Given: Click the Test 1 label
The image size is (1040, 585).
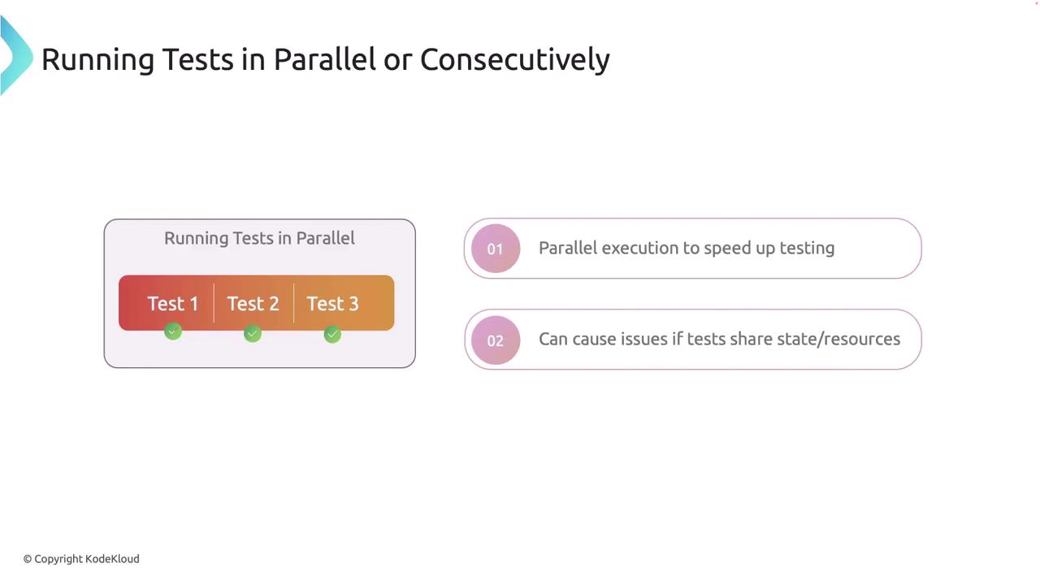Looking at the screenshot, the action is coord(173,304).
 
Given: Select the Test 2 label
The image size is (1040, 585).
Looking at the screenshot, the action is coord(253,304).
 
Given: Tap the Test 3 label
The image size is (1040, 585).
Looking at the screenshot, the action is coord(332,304).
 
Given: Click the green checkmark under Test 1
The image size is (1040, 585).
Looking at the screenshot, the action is coord(173,331).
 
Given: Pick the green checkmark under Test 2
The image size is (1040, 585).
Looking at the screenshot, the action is coord(253,333).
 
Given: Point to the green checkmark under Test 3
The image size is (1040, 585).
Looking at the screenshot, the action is coord(332,334).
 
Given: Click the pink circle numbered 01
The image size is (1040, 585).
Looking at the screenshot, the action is coord(496,249).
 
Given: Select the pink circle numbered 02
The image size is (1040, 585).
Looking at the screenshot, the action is coord(496,340).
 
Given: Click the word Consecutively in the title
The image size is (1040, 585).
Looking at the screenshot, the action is coord(515,60).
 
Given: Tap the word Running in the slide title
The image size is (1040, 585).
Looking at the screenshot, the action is coord(98,60).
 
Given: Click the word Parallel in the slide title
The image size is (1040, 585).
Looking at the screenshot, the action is coord(324,59).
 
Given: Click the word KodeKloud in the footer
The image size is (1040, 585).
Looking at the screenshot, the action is coord(112,559).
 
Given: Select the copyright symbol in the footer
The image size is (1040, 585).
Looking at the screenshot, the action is coord(28,560).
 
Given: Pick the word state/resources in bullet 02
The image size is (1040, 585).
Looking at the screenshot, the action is coord(838,340).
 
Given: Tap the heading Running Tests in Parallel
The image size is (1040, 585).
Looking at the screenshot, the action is coord(259,239).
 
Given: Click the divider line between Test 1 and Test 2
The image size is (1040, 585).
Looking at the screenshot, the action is coord(214,303).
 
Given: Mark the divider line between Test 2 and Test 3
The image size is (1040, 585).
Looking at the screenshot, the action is coord(294,303).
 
